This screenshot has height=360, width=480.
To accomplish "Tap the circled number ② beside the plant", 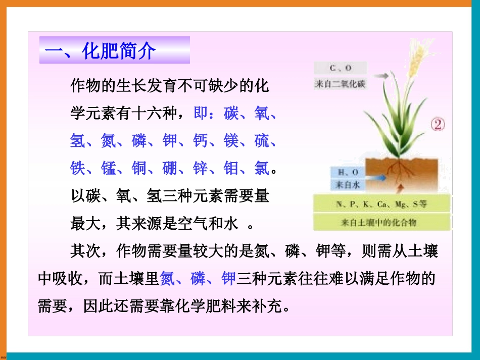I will click(437, 124).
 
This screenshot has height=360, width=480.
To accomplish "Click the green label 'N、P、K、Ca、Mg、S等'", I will click(381, 204).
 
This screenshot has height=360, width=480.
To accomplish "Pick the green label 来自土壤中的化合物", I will click(381, 222).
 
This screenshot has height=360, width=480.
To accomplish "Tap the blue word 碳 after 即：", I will click(231, 114).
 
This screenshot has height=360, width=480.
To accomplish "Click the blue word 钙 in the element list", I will click(201, 141).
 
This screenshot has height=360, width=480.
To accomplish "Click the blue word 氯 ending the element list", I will click(262, 168).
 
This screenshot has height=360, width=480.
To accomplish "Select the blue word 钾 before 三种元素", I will click(229, 278).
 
